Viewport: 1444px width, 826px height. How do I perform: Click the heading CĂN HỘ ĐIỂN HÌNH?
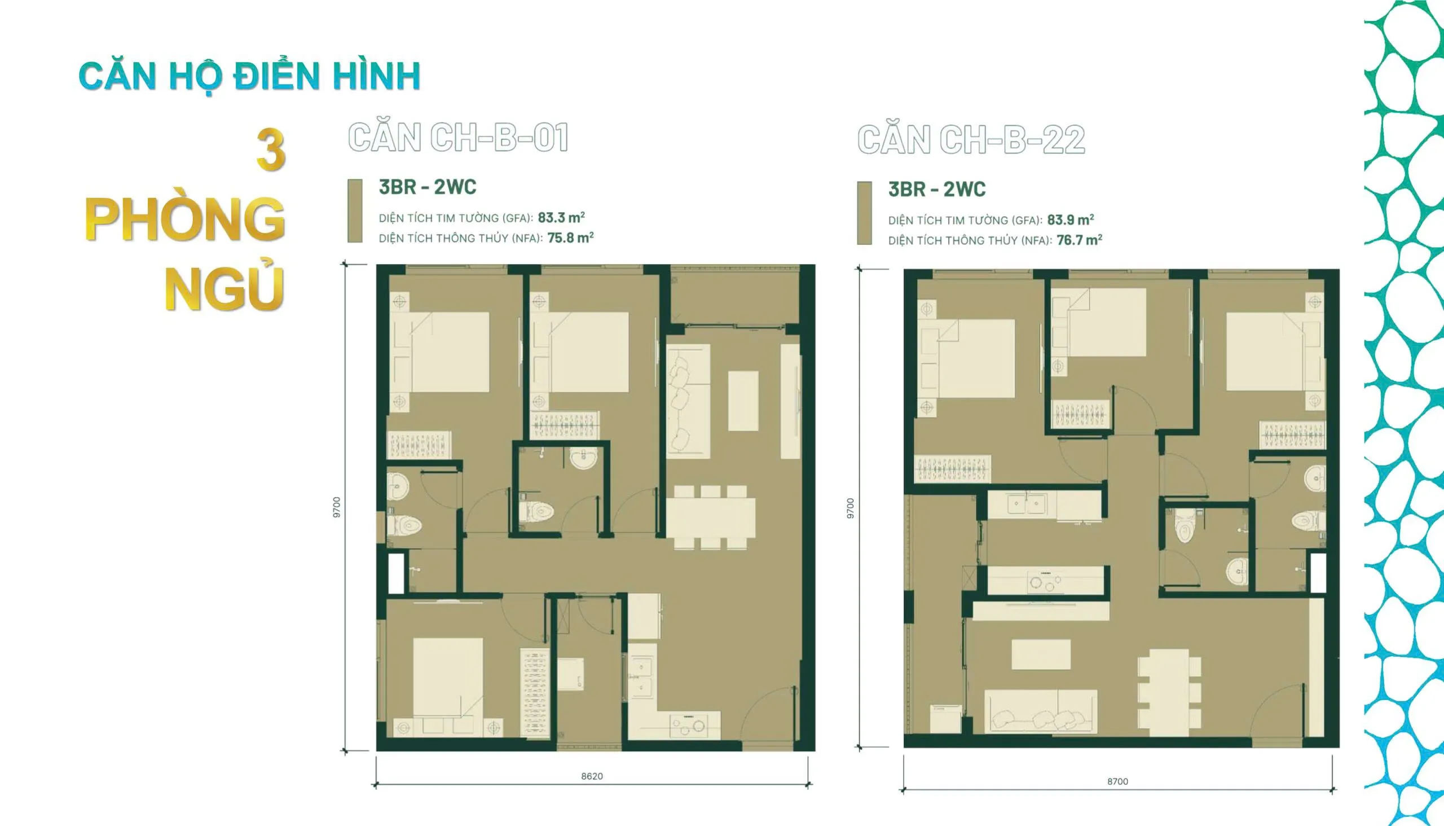click(249, 77)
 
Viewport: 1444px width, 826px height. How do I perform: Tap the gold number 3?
click(271, 150)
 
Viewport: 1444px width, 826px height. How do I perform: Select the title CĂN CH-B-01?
click(457, 138)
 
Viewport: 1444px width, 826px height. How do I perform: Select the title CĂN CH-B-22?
click(971, 140)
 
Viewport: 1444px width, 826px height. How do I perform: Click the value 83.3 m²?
click(561, 217)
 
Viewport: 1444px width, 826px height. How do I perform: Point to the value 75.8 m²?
click(570, 238)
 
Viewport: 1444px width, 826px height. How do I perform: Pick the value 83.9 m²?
click(1070, 219)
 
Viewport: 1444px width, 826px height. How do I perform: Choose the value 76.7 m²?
click(1078, 240)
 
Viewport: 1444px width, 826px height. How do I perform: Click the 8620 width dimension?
click(592, 776)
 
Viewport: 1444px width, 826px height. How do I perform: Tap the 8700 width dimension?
click(1117, 781)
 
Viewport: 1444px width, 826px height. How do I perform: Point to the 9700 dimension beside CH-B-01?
click(337, 507)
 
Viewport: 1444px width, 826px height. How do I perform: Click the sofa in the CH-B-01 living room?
click(688, 400)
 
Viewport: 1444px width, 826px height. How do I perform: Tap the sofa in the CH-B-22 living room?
click(1040, 711)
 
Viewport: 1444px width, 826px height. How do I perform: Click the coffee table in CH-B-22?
click(1041, 654)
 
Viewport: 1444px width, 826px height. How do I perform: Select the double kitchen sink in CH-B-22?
click(1027, 504)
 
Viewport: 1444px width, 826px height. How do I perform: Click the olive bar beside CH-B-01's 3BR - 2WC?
click(354, 211)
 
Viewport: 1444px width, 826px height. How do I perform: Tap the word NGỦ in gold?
click(224, 289)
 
